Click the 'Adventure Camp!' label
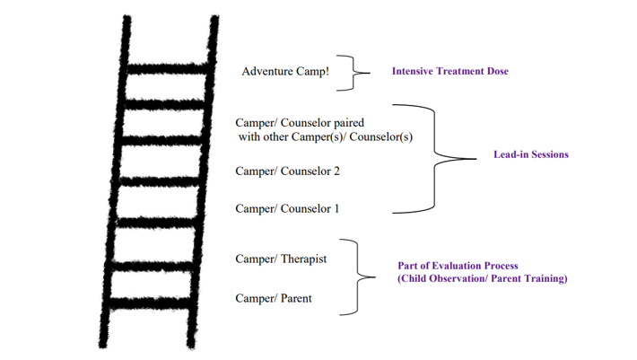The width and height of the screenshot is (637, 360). [285, 72]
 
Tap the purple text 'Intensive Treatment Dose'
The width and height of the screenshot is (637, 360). [450, 71]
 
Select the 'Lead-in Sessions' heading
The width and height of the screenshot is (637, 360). [531, 154]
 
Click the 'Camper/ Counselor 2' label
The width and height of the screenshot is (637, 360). [287, 171]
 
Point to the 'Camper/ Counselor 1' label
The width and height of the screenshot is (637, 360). [287, 208]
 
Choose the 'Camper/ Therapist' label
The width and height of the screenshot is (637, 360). [281, 259]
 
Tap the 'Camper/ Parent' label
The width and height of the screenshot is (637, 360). [274, 298]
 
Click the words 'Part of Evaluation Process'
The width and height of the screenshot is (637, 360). [458, 266]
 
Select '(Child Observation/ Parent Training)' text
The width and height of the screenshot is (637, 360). [482, 278]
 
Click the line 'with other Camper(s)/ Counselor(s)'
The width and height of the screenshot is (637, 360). [326, 137]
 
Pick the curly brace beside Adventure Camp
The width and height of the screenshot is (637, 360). [353, 73]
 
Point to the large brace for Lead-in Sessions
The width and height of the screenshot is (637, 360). [435, 159]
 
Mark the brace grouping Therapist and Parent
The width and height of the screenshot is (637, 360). [357, 277]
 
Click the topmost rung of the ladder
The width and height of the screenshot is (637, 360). [168, 69]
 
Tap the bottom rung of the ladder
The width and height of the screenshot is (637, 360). [150, 303]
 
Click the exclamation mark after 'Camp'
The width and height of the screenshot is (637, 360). [327, 71]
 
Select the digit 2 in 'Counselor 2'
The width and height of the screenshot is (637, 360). [336, 171]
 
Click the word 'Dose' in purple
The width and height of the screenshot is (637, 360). [498, 71]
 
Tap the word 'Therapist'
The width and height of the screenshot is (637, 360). [304, 259]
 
